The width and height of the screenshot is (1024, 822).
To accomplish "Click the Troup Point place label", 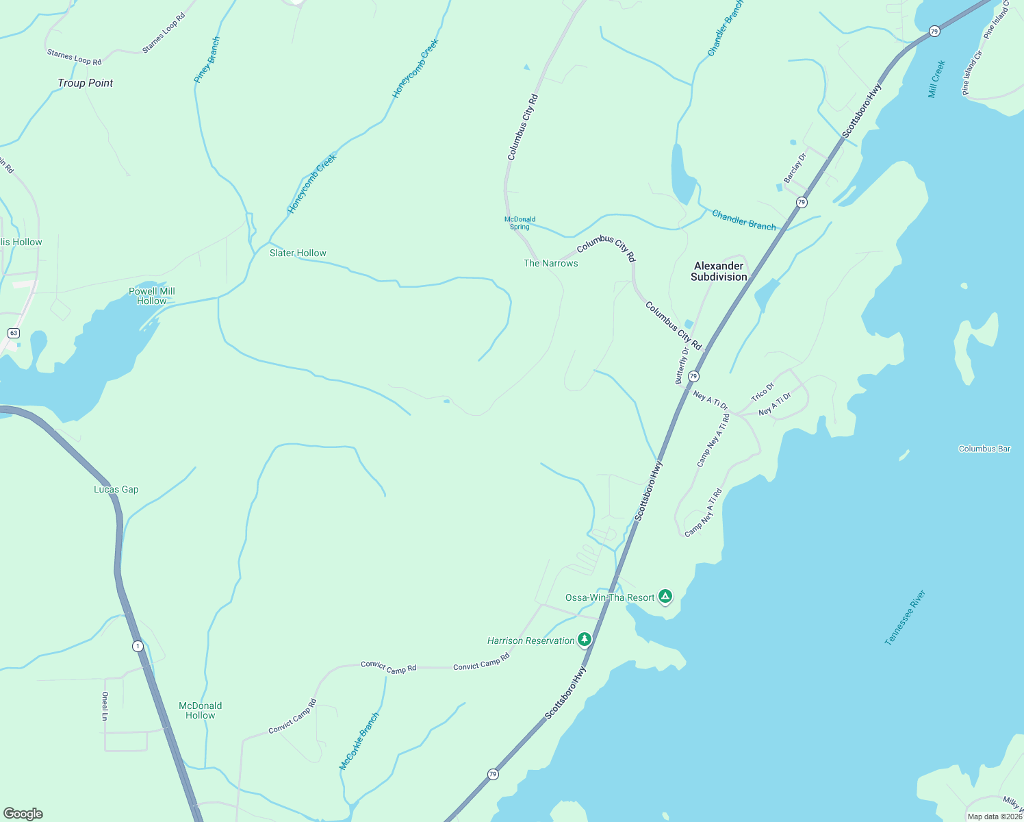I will pyautogui.click(x=86, y=83).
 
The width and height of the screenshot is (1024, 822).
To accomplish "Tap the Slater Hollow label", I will pyautogui.click(x=298, y=253).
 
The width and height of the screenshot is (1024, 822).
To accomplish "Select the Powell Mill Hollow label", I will pyautogui.click(x=152, y=296).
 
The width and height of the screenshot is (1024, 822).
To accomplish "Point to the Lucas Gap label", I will pyautogui.click(x=116, y=489).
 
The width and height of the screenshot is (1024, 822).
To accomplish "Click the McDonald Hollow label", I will pyautogui.click(x=201, y=710).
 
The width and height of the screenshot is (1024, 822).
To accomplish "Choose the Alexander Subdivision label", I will pyautogui.click(x=719, y=271).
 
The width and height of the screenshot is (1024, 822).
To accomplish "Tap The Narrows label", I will pyautogui.click(x=551, y=263).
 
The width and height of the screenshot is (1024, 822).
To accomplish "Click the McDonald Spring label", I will pyautogui.click(x=520, y=223).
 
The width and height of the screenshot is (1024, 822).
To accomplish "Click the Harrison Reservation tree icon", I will pyautogui.click(x=584, y=640).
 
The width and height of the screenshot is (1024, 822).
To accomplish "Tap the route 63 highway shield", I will pyautogui.click(x=13, y=333).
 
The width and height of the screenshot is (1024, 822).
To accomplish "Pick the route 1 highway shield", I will pyautogui.click(x=138, y=646).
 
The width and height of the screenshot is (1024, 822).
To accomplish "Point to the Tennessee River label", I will pyautogui.click(x=905, y=617).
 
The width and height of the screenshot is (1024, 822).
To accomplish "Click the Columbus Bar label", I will pyautogui.click(x=984, y=449).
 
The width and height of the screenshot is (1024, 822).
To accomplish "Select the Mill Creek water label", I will pyautogui.click(x=937, y=79).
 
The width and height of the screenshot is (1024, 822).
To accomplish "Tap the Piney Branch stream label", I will pyautogui.click(x=207, y=60).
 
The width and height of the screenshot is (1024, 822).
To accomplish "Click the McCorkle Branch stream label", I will pyautogui.click(x=359, y=741).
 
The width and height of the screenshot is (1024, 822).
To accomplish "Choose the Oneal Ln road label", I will pyautogui.click(x=105, y=706).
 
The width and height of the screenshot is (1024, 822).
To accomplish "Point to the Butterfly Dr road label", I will pyautogui.click(x=682, y=365).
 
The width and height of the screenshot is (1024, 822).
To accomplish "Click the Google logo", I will pyautogui.click(x=23, y=814).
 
